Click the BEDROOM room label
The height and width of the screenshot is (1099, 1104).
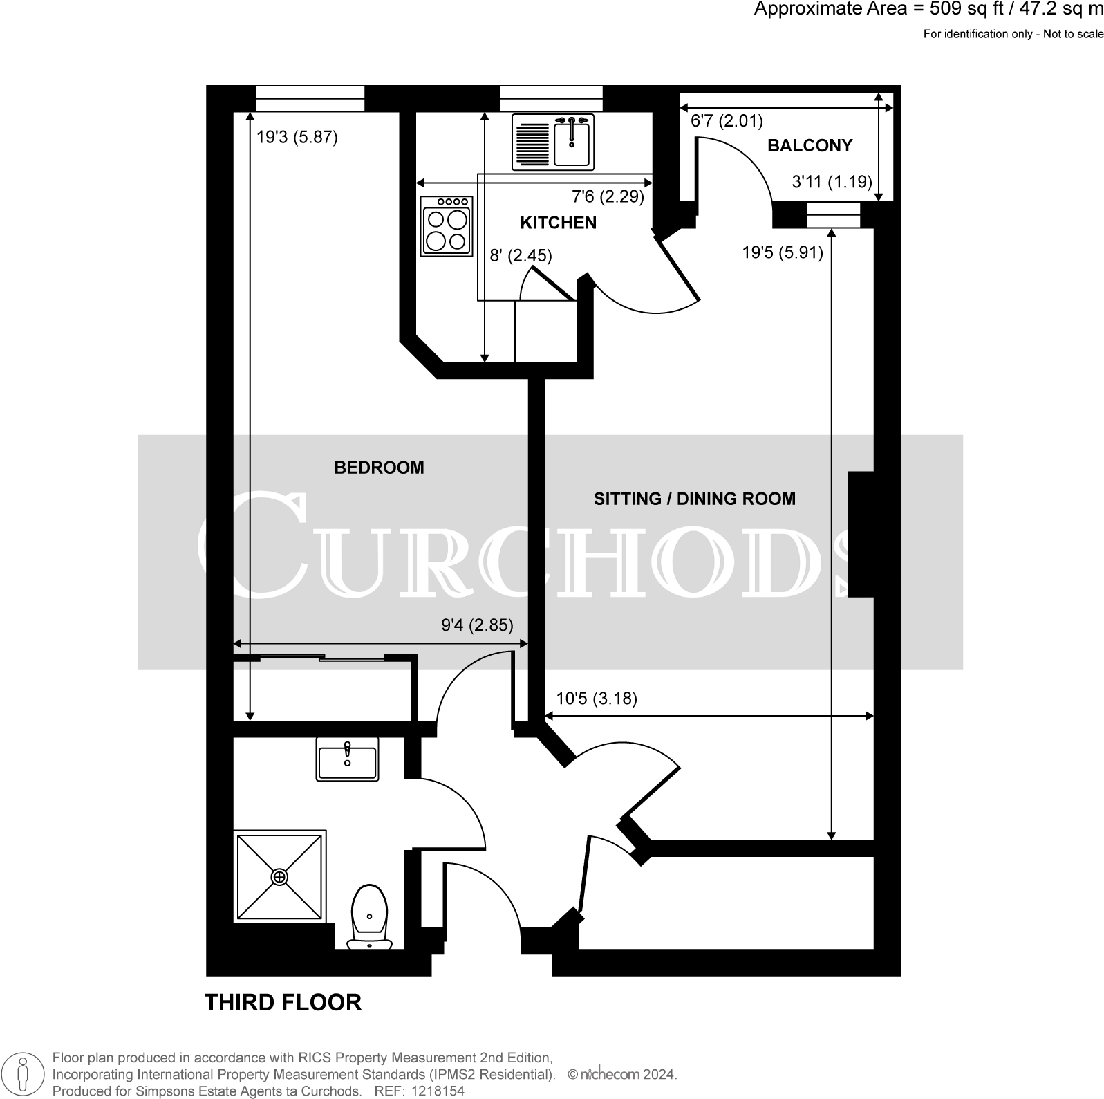(x=378, y=468)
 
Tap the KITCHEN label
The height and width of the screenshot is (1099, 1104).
(x=557, y=223)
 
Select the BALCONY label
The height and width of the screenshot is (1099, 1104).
(x=809, y=145)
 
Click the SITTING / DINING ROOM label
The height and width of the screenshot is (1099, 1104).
(x=694, y=499)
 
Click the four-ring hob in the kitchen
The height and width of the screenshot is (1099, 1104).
(x=446, y=226)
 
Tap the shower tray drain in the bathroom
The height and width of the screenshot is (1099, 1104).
(x=279, y=877)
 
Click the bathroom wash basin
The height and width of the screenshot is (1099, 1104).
(x=347, y=759)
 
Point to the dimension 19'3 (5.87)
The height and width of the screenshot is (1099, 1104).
(x=297, y=137)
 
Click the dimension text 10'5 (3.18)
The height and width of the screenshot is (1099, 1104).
(x=597, y=699)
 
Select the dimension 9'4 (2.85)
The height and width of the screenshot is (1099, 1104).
(x=477, y=625)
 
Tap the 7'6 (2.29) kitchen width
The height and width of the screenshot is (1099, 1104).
(x=607, y=196)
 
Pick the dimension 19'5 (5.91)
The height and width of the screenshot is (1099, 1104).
(x=782, y=252)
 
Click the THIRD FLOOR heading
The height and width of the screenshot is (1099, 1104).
(x=283, y=1002)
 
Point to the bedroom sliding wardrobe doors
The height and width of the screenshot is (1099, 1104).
(x=321, y=656)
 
